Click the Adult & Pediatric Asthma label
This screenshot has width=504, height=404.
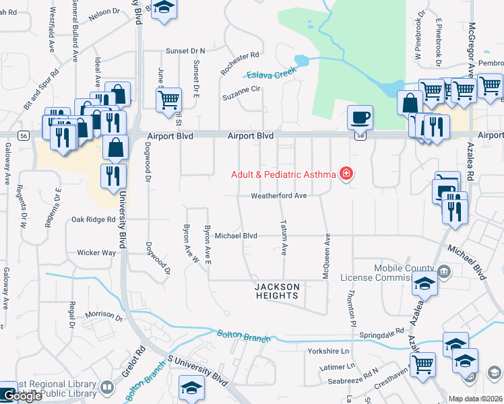point(283,174)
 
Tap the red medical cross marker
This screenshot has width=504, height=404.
point(346,174)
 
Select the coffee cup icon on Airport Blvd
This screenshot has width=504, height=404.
point(360,117)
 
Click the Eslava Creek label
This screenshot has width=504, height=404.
point(272,74)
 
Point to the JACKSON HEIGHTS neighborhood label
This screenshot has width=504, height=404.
point(276,291)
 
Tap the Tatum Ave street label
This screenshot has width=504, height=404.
point(284,237)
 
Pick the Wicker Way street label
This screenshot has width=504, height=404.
point(96,252)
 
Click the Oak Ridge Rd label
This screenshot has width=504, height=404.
point(93,220)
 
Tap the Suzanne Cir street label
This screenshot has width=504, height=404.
point(242,97)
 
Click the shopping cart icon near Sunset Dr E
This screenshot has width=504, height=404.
point(168,99)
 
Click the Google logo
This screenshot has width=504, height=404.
point(22,397)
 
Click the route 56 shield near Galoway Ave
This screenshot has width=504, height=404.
point(24,135)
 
